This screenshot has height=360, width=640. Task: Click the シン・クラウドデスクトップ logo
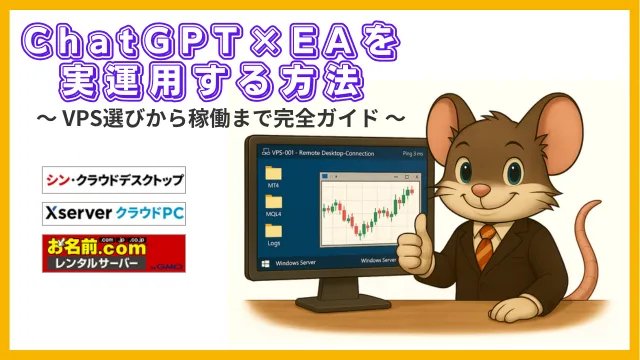(113, 180)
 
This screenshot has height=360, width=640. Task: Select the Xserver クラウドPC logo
(113, 214)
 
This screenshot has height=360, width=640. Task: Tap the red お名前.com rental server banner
(113, 253)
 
